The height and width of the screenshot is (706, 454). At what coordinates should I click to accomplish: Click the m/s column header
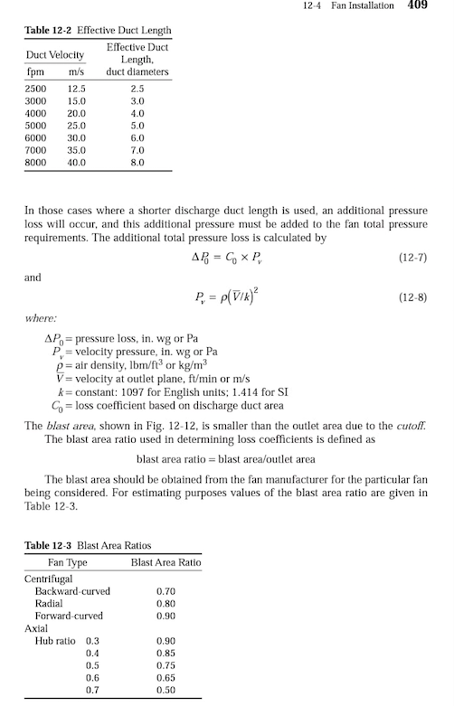76,71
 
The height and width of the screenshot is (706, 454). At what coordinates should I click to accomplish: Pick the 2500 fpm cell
35,89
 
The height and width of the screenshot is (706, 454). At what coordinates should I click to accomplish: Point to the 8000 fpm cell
35,163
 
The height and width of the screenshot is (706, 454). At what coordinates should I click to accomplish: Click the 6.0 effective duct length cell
137,138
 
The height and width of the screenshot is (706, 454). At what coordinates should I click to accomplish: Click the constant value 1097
113,394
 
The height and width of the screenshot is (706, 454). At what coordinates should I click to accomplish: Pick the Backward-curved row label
71,591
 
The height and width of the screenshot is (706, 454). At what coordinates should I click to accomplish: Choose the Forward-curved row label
68,616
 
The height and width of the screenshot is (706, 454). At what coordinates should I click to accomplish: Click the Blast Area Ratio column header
166,562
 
